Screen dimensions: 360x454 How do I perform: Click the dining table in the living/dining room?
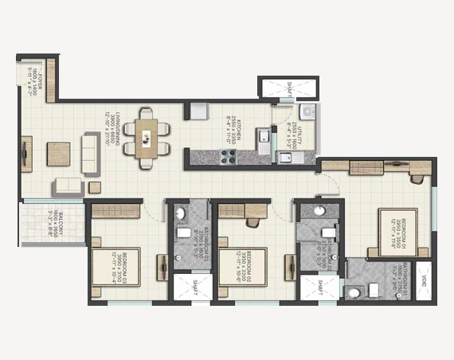[x=147, y=139]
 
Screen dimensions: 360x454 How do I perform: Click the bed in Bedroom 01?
[x=399, y=232]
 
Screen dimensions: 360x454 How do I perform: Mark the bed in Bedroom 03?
[x=120, y=270]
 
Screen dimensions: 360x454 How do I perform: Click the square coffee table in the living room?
[x=59, y=153]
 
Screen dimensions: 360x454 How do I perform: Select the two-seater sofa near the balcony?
[x=68, y=187]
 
